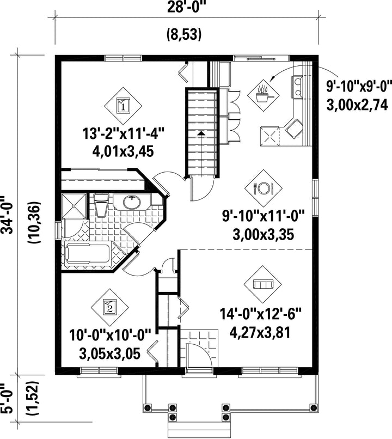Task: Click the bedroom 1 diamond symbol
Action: tap(123, 106)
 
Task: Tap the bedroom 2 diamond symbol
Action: tap(109, 307)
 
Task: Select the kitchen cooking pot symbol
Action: tap(263, 95)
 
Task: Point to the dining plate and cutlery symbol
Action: tap(263, 188)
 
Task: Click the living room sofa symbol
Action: tap(263, 284)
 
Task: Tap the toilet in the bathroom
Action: tap(101, 205)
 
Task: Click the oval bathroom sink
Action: tap(132, 203)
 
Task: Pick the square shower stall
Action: tap(74, 206)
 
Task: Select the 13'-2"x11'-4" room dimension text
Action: tap(123, 133)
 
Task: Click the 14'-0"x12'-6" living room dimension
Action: tap(260, 314)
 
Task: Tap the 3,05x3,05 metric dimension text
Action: tap(109, 354)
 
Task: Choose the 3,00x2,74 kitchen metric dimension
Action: tap(357, 106)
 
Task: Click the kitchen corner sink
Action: tap(294, 129)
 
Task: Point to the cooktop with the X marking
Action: tap(270, 136)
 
